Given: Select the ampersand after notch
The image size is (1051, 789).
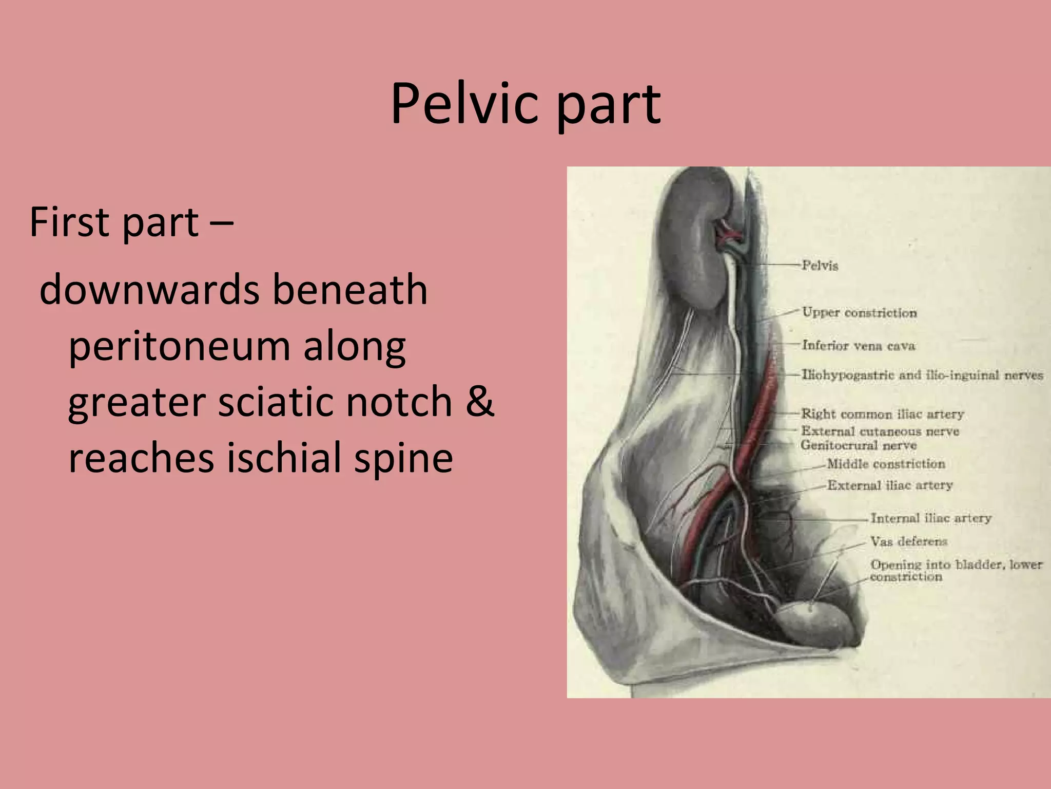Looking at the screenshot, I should coord(480,401).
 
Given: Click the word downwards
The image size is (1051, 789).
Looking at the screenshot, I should coord(149,290).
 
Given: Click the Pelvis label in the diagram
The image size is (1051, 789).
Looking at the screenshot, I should coord(820,266).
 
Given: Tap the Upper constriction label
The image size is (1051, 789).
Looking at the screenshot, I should coord(859,312).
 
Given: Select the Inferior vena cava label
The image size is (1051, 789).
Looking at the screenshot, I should coord(859,345).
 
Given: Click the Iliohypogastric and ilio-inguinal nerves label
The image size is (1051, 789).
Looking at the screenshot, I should coord(922,375).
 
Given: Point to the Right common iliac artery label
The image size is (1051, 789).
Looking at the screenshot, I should coord(883,414).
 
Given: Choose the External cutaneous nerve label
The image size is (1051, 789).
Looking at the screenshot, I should coord(880,431).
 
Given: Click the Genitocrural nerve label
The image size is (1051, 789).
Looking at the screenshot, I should coord(859,445).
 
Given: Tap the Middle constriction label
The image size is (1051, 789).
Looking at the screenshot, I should coord(886,464).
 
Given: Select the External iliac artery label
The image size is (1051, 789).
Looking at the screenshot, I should coord(890,485).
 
